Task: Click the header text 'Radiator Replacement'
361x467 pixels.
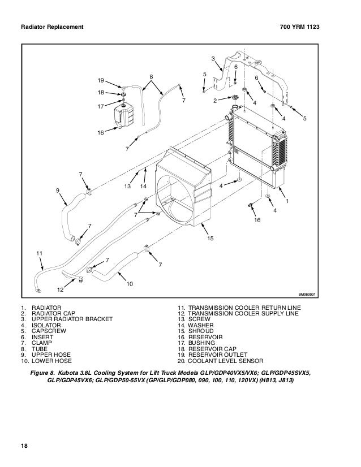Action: coord(52,27)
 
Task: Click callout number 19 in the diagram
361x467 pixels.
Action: coord(101,80)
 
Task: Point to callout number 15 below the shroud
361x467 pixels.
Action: coord(210,239)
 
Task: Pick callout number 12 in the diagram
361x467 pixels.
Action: coord(59,289)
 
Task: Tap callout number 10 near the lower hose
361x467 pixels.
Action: coord(130,283)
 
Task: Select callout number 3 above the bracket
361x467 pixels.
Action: coord(213,59)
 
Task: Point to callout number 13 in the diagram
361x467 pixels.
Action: coord(128,186)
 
